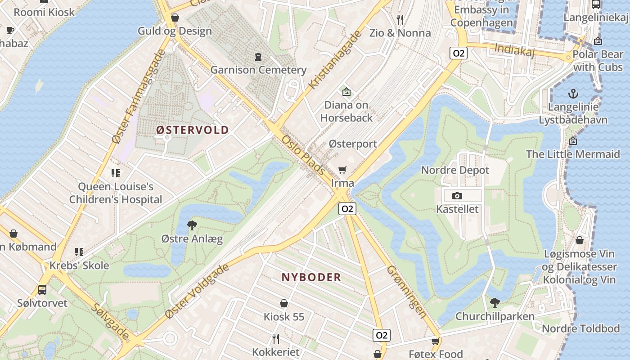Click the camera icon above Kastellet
coord(457,196)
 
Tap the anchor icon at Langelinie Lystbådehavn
coord(573,94)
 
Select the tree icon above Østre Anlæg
coord(192,225)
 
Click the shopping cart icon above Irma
coord(342,170)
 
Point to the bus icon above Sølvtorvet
coord(42,289)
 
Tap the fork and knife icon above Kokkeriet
coord(276,338)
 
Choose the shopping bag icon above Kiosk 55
coord(284,303)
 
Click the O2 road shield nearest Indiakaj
coord(458,53)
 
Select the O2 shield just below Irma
coord(347,208)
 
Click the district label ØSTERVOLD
coord(193,130)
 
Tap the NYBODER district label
coord(311,277)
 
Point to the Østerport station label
coord(353,144)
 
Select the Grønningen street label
coord(406,292)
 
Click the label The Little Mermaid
coord(573,154)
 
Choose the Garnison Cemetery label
coord(258,70)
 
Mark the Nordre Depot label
coord(455,170)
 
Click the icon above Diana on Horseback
coord(346,92)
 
